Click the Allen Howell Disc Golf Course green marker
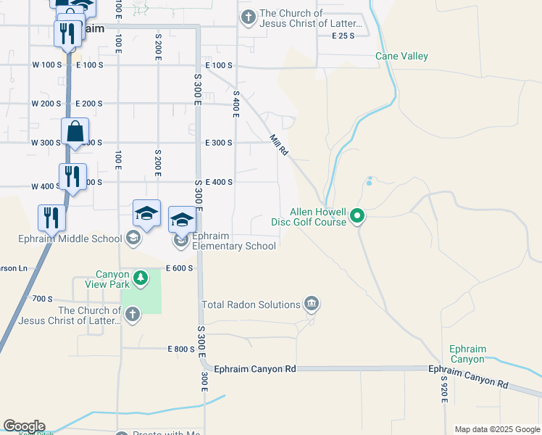tap(357, 215)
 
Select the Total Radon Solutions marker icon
tap(312, 302)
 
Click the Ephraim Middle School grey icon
tap(133, 238)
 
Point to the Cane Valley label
tap(401, 56)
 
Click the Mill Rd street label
tap(279, 145)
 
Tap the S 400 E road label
tap(235, 104)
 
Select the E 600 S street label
tap(180, 268)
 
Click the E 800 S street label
tap(180, 349)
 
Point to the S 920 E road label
tap(443, 391)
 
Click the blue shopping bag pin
tap(75, 133)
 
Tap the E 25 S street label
tap(343, 36)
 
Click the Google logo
tap(24, 426)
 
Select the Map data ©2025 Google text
tap(496, 429)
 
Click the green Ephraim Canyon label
tap(467, 354)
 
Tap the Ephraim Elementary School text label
tap(234, 241)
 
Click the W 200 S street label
tap(46, 104)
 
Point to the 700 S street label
tap(43, 299)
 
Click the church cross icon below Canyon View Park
tap(132, 314)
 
